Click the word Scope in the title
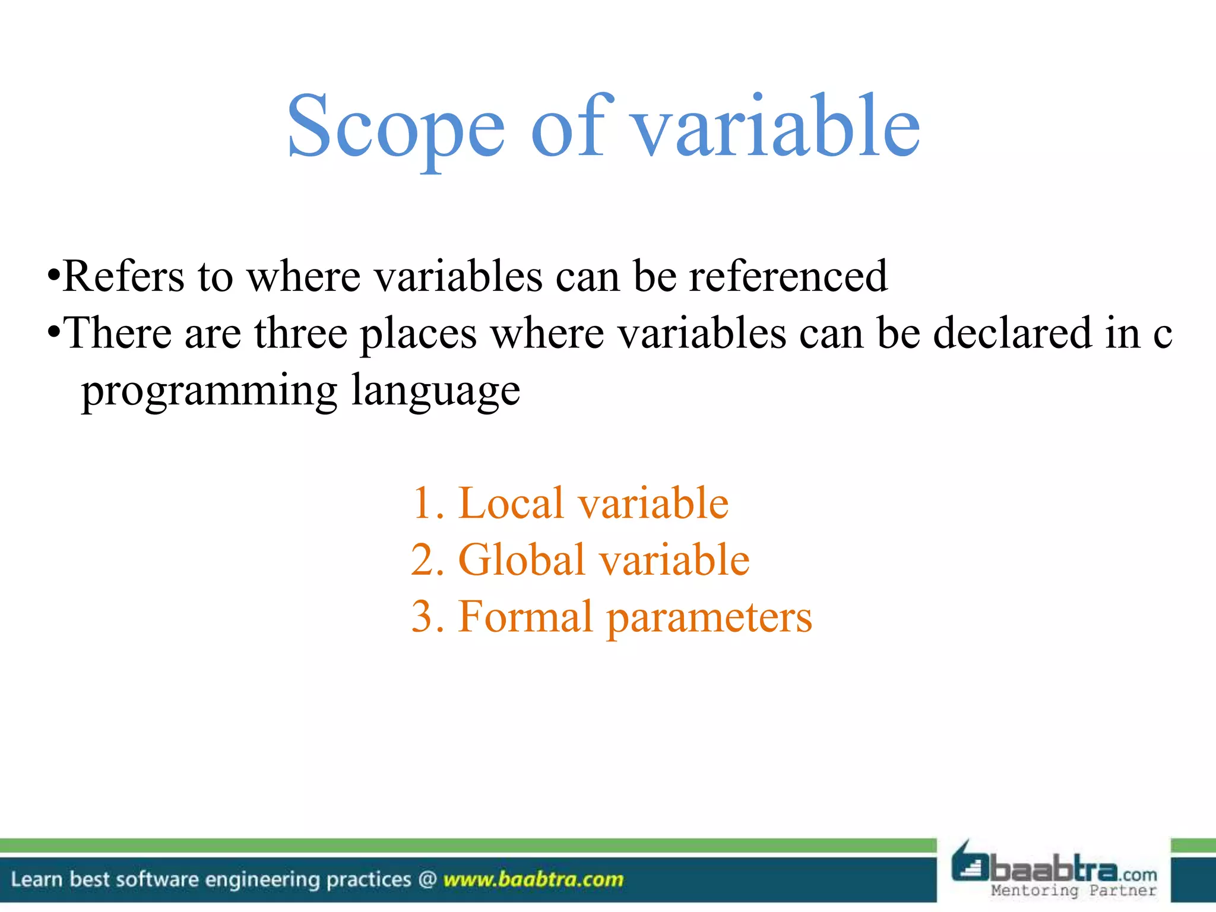click(395, 128)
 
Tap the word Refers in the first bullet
click(123, 276)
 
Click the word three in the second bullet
click(301, 333)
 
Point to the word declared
click(1012, 333)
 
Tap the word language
click(436, 391)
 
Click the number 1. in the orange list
click(427, 503)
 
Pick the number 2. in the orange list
click(427, 560)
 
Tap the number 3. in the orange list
click(427, 617)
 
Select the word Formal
click(525, 617)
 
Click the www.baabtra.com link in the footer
click(533, 879)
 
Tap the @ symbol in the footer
click(427, 879)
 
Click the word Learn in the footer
click(36, 879)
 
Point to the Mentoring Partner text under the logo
click(1073, 891)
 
